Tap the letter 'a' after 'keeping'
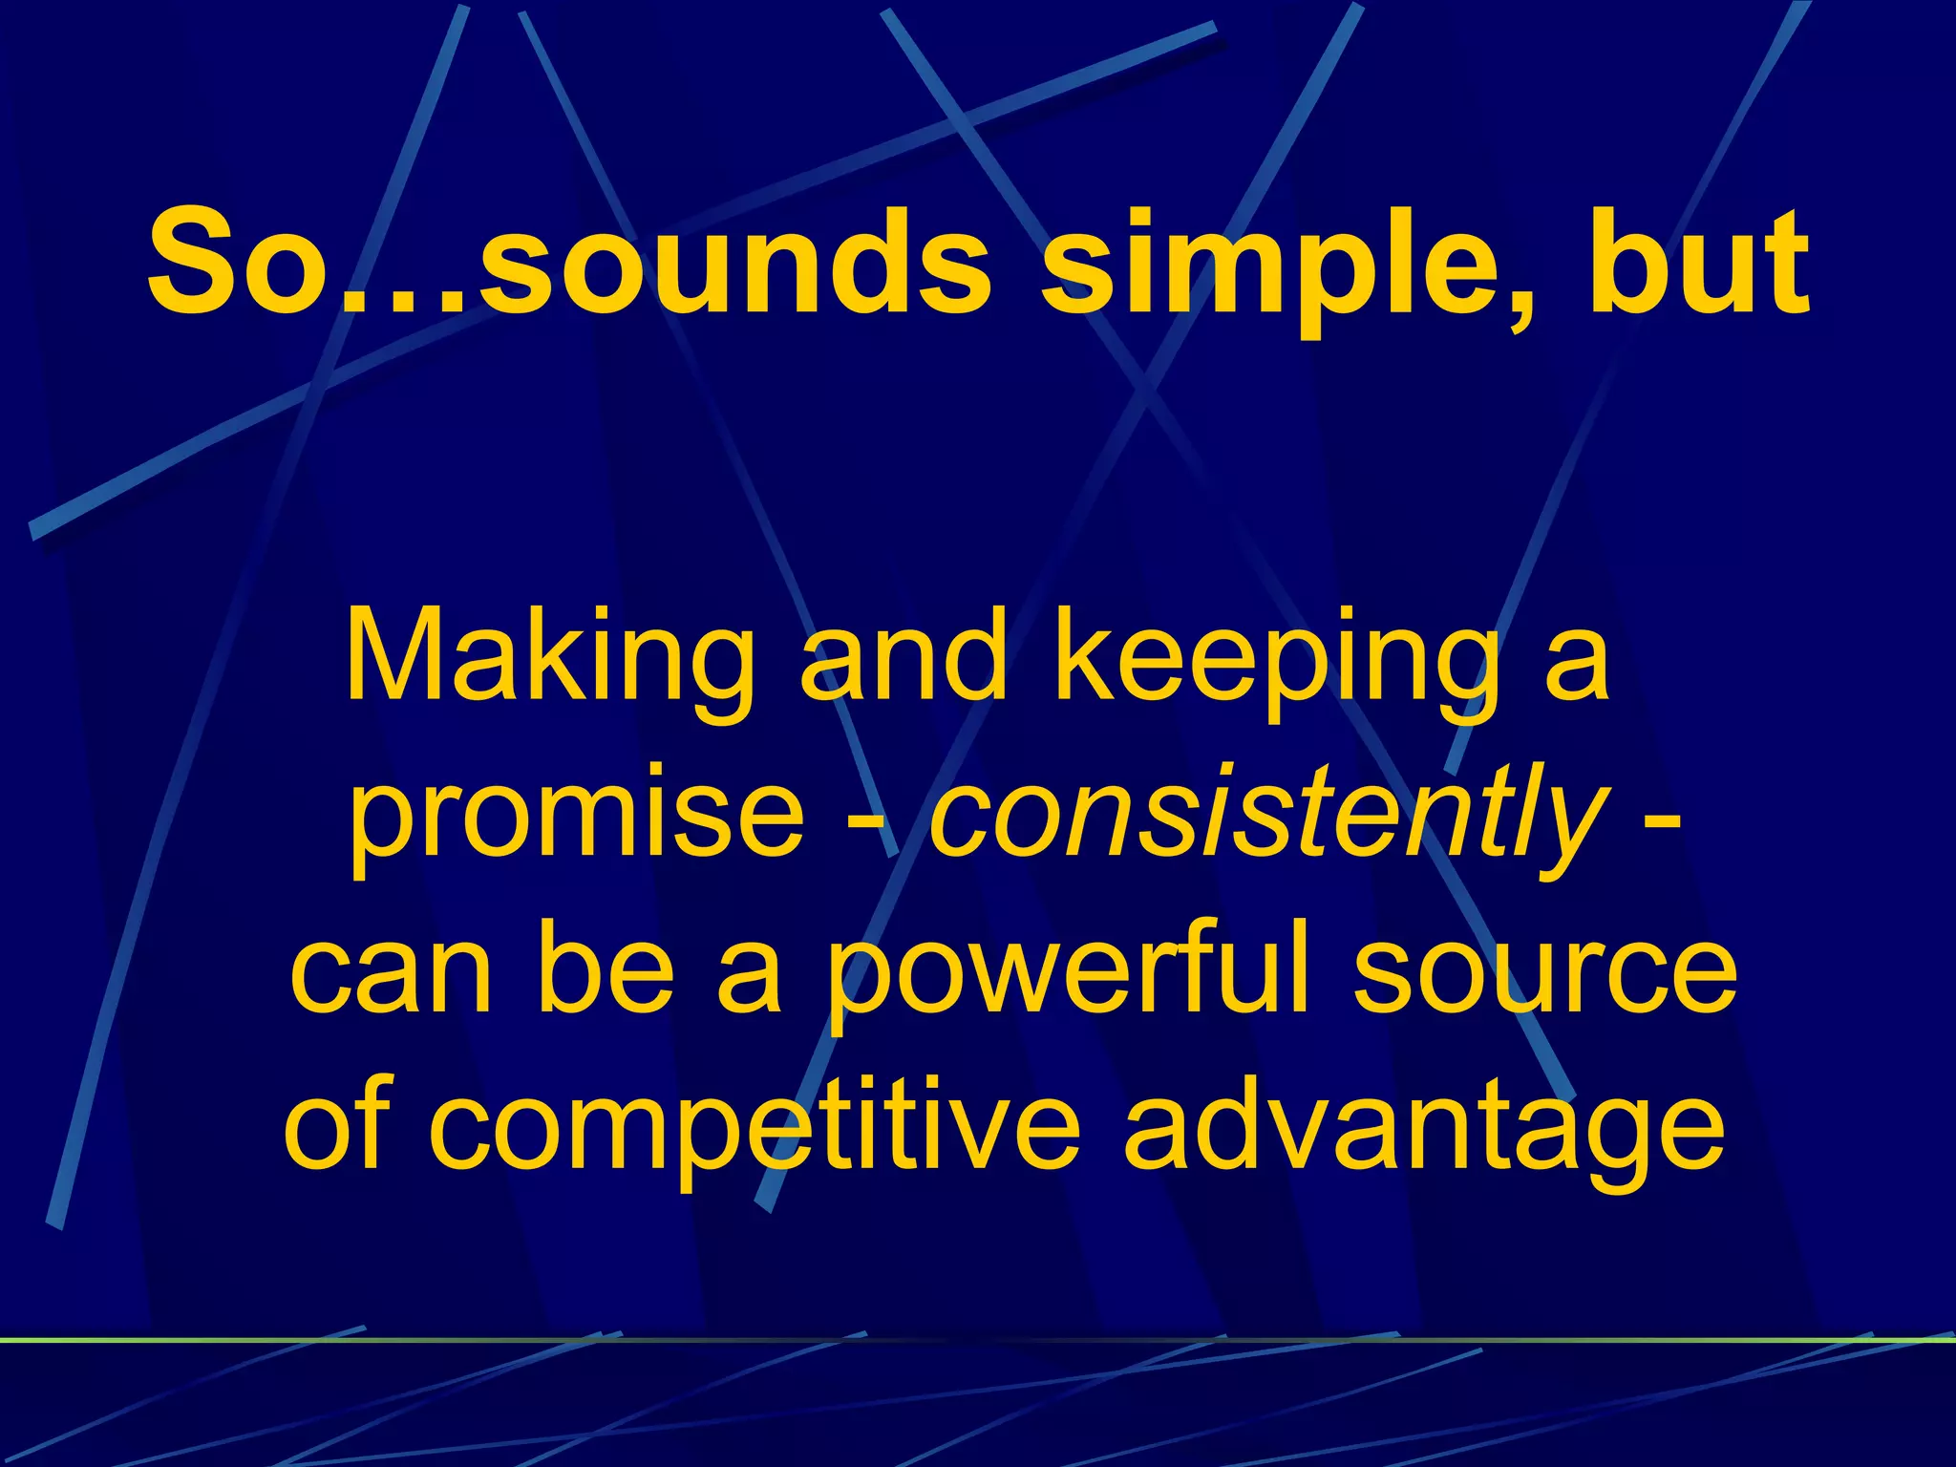click(1576, 664)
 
